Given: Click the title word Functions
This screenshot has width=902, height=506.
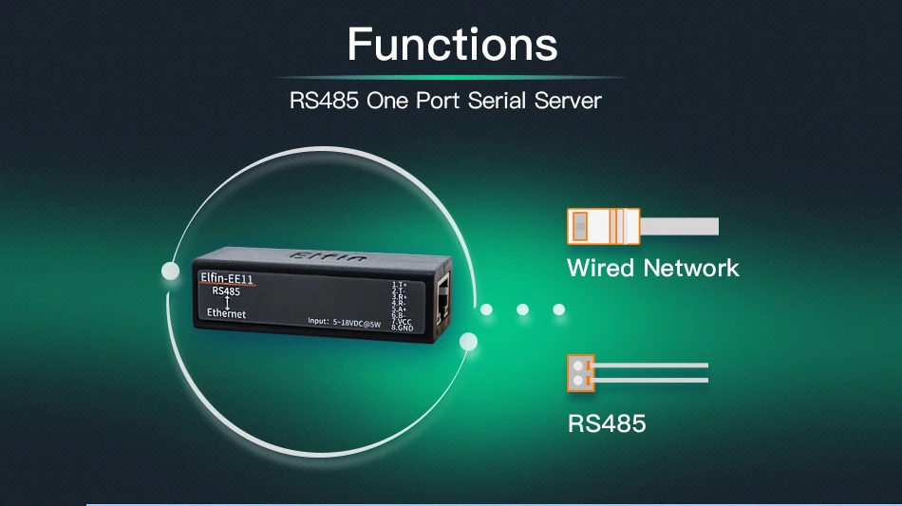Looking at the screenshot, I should tap(452, 44).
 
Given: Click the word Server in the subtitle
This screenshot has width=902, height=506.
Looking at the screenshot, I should tap(568, 100).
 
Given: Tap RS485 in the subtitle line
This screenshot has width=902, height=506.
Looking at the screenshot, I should tap(324, 100).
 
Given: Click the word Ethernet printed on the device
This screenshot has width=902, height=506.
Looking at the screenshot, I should tap(226, 313).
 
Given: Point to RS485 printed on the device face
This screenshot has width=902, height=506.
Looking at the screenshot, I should tap(226, 291).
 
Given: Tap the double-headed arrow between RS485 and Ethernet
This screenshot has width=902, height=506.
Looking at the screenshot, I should tap(227, 302).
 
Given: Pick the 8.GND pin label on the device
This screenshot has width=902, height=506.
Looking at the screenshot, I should tap(403, 328).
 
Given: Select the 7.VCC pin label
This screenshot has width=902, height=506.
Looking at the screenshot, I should tap(402, 321).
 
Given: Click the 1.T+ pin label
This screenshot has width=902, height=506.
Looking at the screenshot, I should tap(400, 285).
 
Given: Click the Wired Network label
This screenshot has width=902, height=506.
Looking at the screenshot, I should tap(652, 268).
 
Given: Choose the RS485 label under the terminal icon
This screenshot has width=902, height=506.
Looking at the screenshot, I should tap(607, 422).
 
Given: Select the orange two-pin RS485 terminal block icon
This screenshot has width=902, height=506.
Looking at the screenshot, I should tap(580, 372).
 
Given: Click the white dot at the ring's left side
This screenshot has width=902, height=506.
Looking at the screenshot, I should tap(171, 271).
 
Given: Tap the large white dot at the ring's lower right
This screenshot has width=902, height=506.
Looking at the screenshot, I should tap(467, 342).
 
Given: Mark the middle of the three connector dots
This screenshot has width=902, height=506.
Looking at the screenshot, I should tap(522, 309).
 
